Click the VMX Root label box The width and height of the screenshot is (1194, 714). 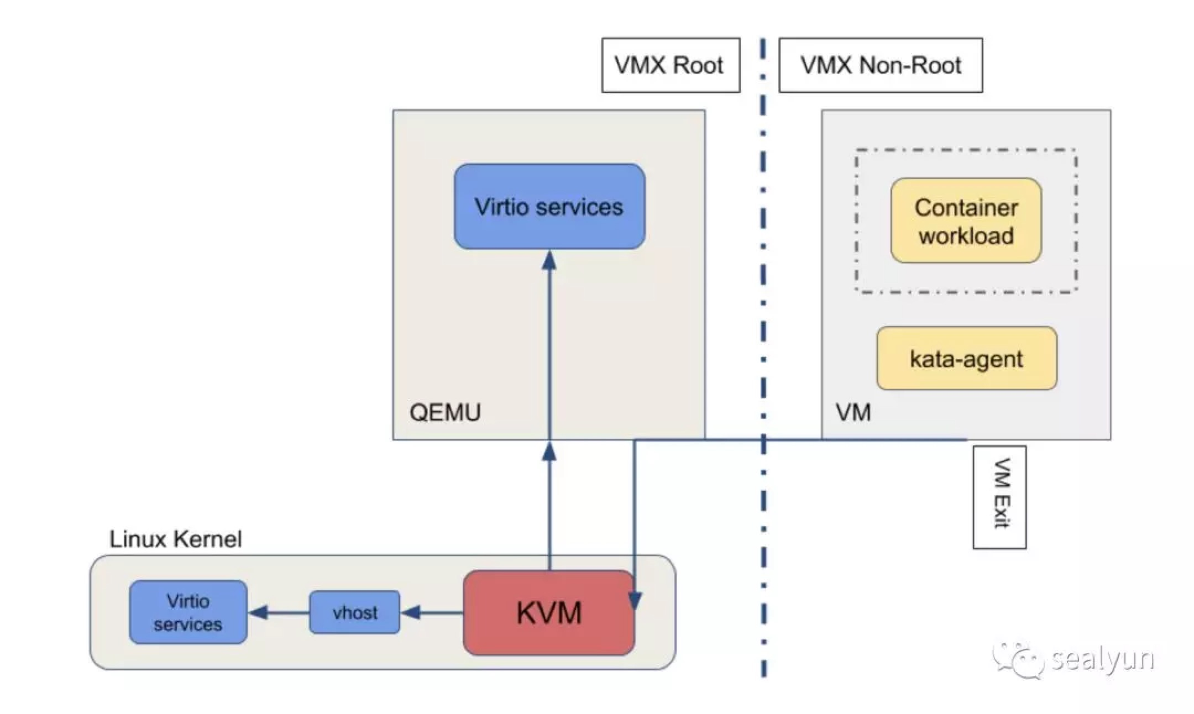pyautogui.click(x=671, y=65)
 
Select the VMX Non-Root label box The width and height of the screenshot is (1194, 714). pyautogui.click(x=881, y=65)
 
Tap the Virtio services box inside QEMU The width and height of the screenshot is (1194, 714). pyautogui.click(x=549, y=207)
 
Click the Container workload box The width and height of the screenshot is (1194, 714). pyautogui.click(x=966, y=221)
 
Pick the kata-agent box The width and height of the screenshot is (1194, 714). pyautogui.click(x=967, y=359)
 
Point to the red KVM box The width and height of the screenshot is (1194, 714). pyautogui.click(x=549, y=613)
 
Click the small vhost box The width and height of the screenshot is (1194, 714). pyautogui.click(x=354, y=612)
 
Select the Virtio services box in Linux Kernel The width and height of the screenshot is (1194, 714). pyautogui.click(x=188, y=612)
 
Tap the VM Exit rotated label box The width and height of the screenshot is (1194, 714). pyautogui.click(x=999, y=497)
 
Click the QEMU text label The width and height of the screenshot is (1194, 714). pyautogui.click(x=445, y=412)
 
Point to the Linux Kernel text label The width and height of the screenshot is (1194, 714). pyautogui.click(x=175, y=539)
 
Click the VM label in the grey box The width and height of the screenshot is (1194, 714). pyautogui.click(x=853, y=412)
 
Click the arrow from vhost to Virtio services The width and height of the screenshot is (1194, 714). pyautogui.click(x=279, y=612)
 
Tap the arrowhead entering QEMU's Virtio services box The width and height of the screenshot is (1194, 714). pyautogui.click(x=549, y=260)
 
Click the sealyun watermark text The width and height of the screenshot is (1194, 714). pyautogui.click(x=1102, y=659)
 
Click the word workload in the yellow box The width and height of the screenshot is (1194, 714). pyautogui.click(x=966, y=236)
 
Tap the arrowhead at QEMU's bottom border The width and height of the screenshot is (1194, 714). pyautogui.click(x=549, y=452)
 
